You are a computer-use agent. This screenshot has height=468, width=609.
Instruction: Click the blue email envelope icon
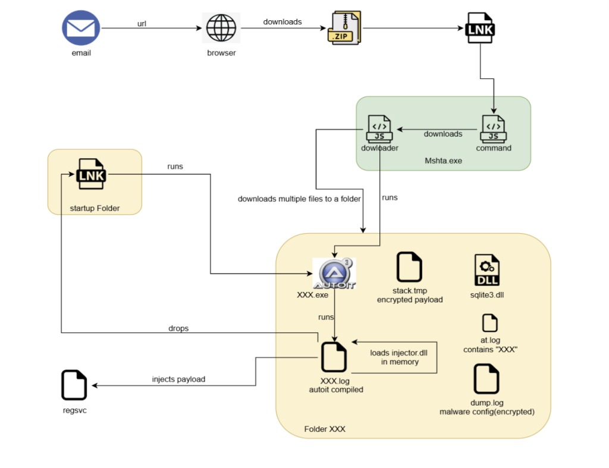tap(81, 28)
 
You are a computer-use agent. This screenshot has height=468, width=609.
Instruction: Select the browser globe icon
tap(221, 28)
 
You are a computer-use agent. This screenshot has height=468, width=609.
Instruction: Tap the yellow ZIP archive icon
tap(344, 29)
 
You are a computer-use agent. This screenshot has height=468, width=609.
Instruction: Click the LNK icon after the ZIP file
tap(479, 28)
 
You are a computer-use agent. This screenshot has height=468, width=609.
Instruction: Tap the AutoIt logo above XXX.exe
tap(334, 273)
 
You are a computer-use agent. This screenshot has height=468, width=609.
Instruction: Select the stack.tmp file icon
tap(409, 266)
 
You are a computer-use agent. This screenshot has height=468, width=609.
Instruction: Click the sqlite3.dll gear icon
tap(486, 270)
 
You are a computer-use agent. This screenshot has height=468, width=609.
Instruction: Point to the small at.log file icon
tap(490, 323)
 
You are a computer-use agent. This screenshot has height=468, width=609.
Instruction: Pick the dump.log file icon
tap(486, 379)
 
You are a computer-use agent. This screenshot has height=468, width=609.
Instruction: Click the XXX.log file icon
tap(334, 357)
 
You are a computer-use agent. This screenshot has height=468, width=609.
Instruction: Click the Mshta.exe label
tap(443, 161)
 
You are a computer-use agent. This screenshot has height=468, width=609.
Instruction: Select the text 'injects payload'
tap(178, 379)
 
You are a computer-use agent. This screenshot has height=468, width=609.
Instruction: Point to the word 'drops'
tap(178, 328)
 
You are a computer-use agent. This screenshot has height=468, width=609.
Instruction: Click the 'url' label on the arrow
tap(142, 23)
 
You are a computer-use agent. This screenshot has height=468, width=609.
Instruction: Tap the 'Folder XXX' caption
tap(324, 429)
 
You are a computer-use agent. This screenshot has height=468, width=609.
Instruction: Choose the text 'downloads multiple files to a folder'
tap(299, 199)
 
